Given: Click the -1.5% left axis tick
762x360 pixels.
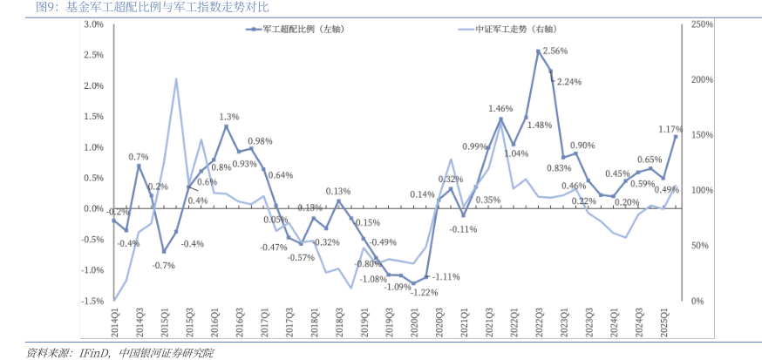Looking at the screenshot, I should pyautogui.click(x=92, y=301).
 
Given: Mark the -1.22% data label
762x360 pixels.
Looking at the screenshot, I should pyautogui.click(x=424, y=292).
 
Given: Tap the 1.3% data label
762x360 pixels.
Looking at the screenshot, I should pyautogui.click(x=229, y=116).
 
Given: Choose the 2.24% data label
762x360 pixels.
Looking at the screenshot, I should pyautogui.click(x=568, y=82).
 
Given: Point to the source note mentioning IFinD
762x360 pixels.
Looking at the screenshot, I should pyautogui.click(x=119, y=352).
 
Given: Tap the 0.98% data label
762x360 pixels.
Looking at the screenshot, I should pyautogui.click(x=260, y=140).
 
